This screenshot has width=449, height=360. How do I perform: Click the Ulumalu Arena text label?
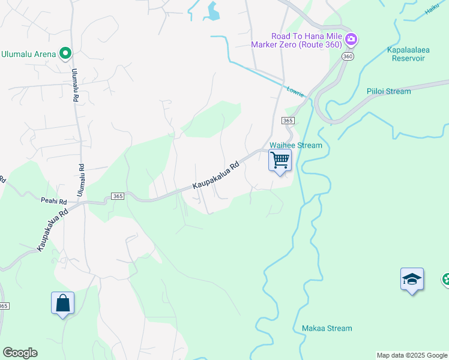pyautogui.click(x=28, y=54)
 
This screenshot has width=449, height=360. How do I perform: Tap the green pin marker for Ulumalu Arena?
pyautogui.click(x=65, y=54)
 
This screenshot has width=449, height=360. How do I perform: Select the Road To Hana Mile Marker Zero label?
pyautogui.click(x=297, y=40)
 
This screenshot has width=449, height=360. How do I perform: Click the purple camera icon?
pyautogui.click(x=351, y=40)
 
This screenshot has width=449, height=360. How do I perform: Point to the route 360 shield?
pyautogui.click(x=348, y=56)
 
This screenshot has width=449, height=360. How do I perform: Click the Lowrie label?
pyautogui.click(x=295, y=91)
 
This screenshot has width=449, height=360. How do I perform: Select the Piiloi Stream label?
pyautogui.click(x=388, y=91)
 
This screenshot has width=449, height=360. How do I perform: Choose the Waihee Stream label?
pyautogui.click(x=296, y=145)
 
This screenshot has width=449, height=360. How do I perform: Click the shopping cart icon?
pyautogui.click(x=280, y=161)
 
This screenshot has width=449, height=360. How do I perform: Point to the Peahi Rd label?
pyautogui.click(x=53, y=202)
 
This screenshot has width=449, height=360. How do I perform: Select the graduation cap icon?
pyautogui.click(x=412, y=279)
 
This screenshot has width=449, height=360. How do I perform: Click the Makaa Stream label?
pyautogui.click(x=327, y=328)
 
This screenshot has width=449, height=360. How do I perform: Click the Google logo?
pyautogui.click(x=20, y=353)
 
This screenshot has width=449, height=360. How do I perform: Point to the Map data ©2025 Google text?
pyautogui.click(x=412, y=355)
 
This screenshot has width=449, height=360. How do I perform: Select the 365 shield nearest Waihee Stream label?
pyautogui.click(x=288, y=121)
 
